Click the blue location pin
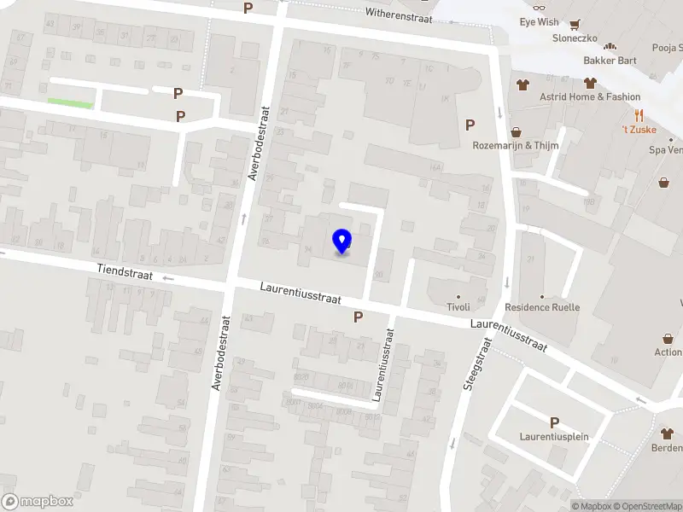click(x=341, y=241)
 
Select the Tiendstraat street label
click(x=124, y=270)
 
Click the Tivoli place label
click(x=458, y=307)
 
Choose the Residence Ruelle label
click(x=542, y=307)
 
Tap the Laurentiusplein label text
click(x=554, y=437)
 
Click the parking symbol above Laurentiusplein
click(x=554, y=422)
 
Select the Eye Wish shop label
click(x=540, y=21)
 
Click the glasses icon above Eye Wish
click(x=539, y=7)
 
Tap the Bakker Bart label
click(x=610, y=61)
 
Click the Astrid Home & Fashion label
click(x=589, y=97)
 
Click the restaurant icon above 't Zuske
click(x=637, y=115)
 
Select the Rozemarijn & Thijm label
click(x=517, y=145)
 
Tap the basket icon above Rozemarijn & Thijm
click(x=516, y=131)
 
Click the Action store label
click(x=668, y=352)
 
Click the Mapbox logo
click(x=38, y=502)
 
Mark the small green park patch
click(x=70, y=104)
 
